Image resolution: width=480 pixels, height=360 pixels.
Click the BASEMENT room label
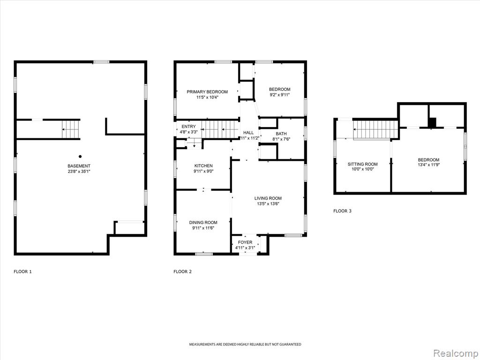[79, 166]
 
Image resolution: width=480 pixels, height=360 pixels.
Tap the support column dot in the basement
[80, 157]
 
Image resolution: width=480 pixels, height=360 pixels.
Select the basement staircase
[71, 129]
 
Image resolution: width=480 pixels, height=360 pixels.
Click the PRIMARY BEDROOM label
[207, 92]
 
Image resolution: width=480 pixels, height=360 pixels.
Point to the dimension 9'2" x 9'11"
[279, 95]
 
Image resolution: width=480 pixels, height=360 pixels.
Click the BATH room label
[281, 134]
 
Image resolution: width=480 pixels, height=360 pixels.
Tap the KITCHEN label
[203, 166]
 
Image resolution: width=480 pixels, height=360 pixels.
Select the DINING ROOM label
[203, 223]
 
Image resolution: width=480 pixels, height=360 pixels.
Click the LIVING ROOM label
[268, 198]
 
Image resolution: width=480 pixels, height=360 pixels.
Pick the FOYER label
[245, 242]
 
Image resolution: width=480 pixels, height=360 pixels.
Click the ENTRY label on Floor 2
[188, 127]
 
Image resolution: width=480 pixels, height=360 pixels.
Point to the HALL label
[248, 133]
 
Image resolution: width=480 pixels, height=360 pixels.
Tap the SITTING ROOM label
[363, 164]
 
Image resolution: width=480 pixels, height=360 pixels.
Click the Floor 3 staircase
[376, 130]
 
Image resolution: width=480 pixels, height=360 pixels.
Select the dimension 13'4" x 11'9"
[428, 165]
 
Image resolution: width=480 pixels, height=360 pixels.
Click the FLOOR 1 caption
[22, 271]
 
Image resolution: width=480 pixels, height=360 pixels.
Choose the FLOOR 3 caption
[342, 211]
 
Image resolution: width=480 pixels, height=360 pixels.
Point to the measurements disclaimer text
[245, 345]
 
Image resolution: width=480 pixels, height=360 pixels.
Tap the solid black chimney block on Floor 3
[432, 123]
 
